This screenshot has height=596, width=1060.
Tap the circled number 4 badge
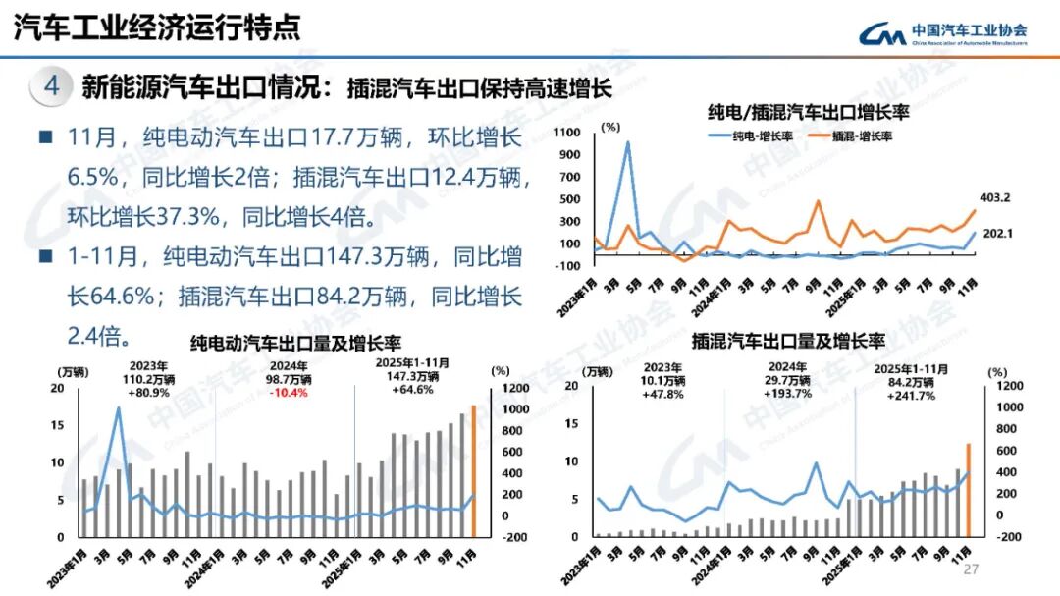click(52, 87)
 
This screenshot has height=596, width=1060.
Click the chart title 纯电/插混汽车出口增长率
click(809, 112)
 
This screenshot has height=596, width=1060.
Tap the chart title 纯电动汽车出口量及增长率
click(294, 343)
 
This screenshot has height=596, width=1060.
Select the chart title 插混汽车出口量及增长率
click(788, 342)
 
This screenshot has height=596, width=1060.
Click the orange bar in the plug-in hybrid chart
click(968, 490)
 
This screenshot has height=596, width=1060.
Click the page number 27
click(973, 570)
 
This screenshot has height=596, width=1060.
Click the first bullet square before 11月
click(45, 137)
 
